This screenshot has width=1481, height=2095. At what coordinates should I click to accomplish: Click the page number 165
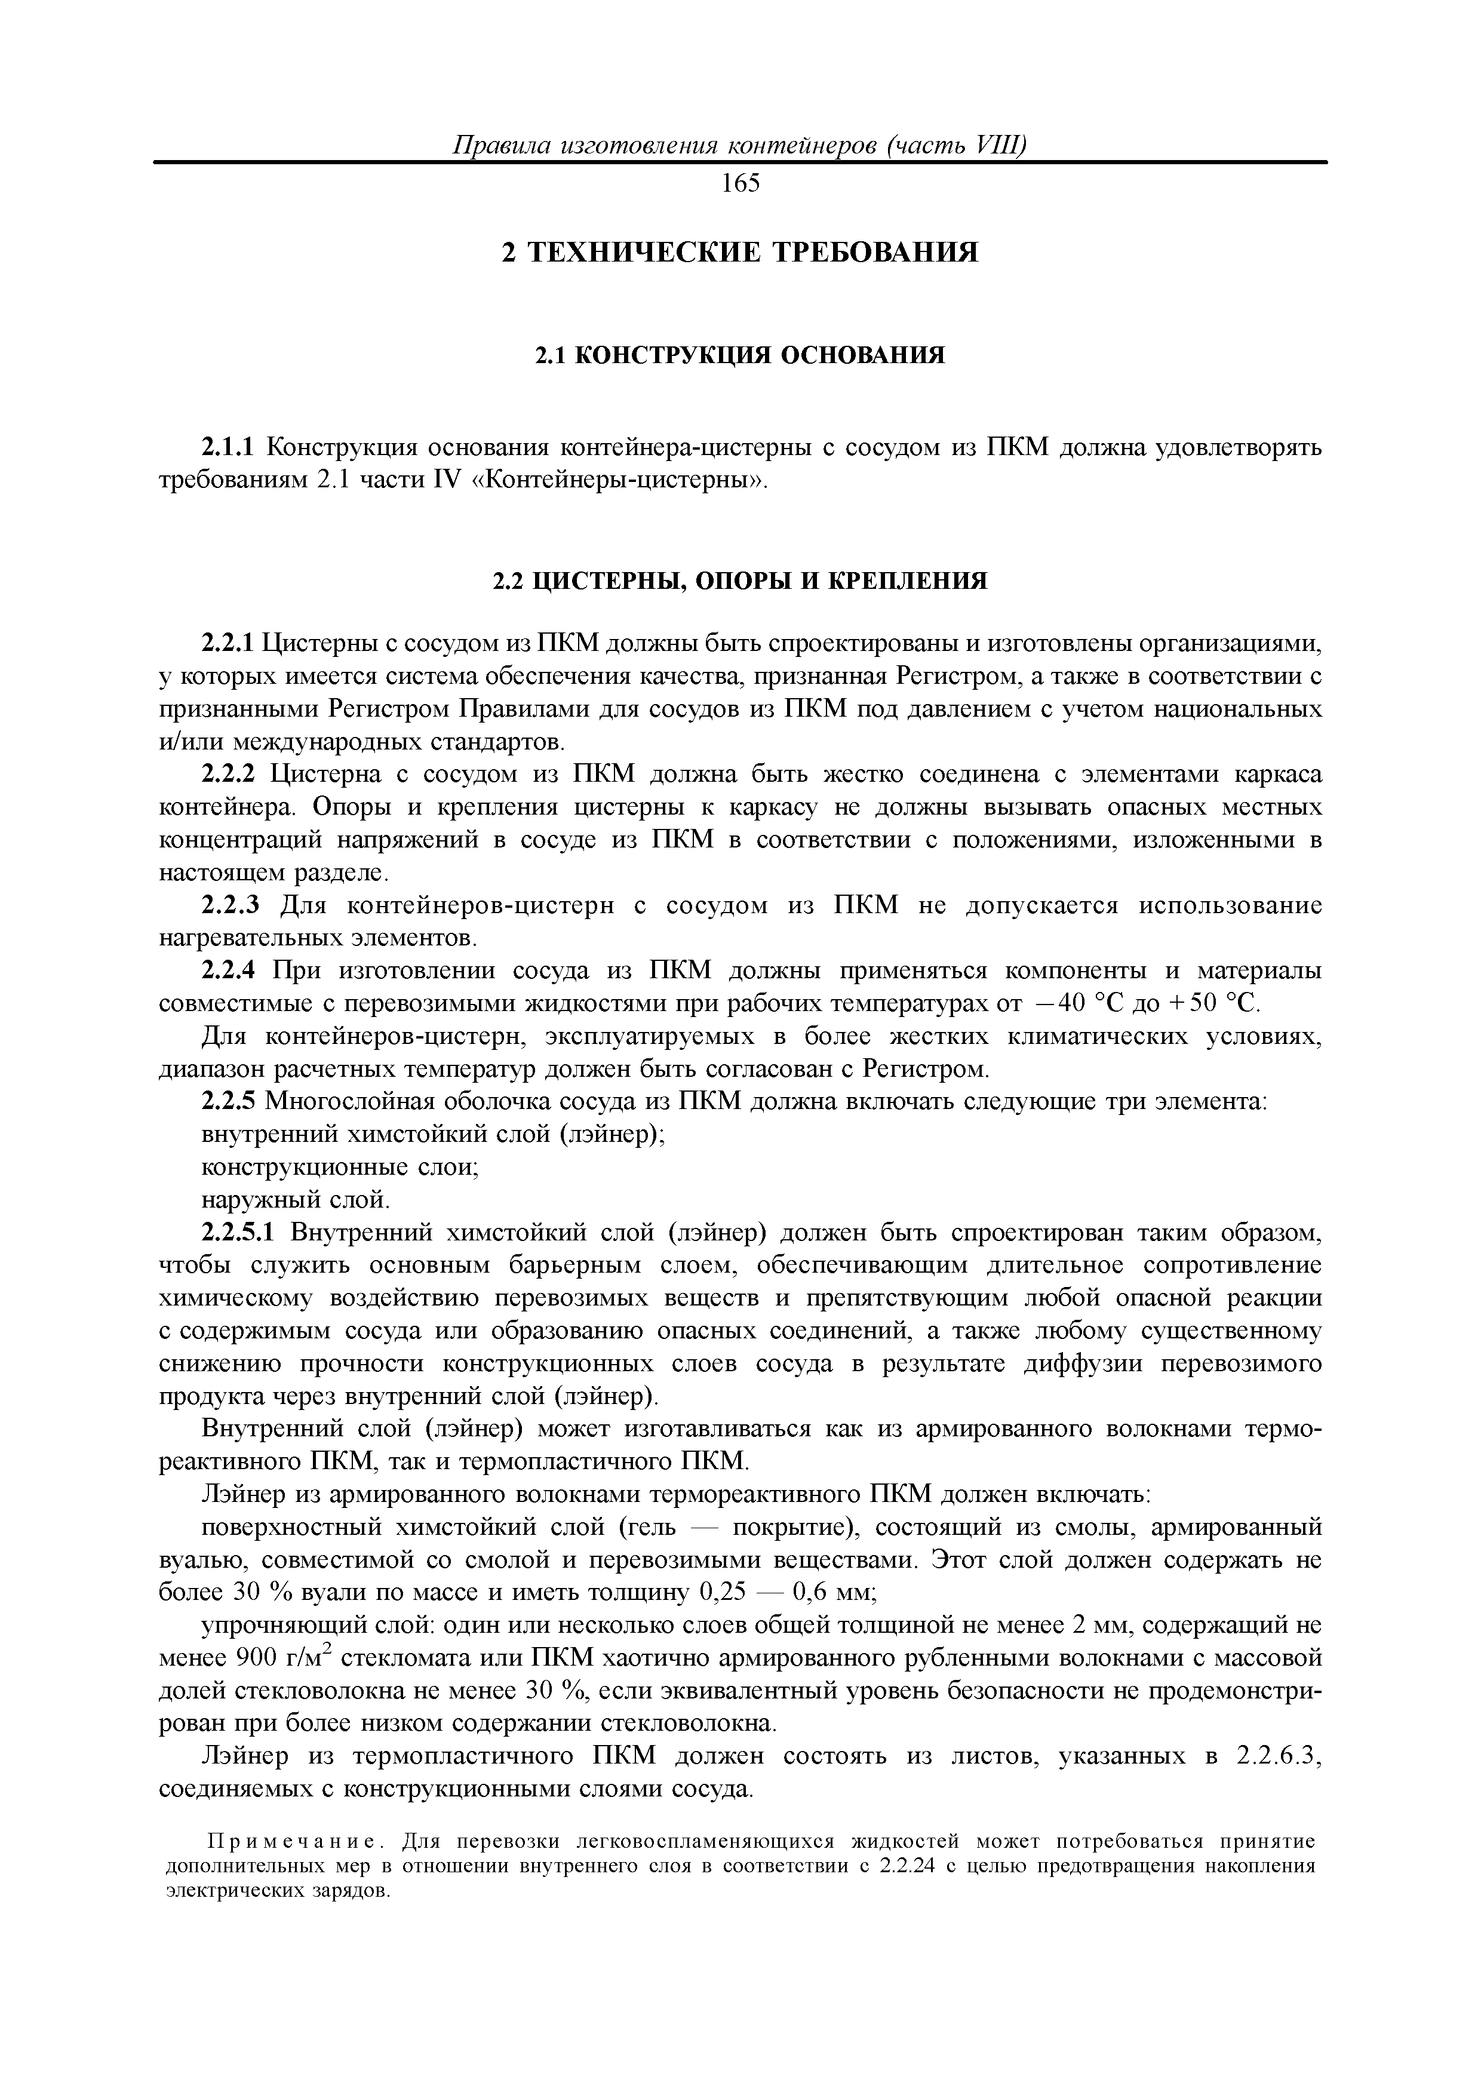740,185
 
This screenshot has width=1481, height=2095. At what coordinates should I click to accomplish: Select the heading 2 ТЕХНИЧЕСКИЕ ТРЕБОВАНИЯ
740,253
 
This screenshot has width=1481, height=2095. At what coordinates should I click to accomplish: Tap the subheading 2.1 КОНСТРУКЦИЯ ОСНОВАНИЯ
740,355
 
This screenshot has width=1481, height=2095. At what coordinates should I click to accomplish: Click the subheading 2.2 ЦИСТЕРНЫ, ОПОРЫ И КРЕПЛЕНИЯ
740,581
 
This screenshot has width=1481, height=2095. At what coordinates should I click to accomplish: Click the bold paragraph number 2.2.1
230,644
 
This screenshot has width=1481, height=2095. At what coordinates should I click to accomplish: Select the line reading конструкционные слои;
340,1168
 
